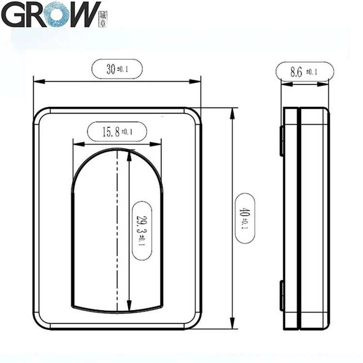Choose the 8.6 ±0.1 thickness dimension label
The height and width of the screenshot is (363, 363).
click(x=303, y=72)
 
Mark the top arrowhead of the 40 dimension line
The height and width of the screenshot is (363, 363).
click(x=233, y=111)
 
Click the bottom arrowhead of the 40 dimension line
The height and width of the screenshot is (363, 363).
click(x=233, y=326)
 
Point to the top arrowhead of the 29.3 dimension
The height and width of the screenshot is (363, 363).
click(x=129, y=154)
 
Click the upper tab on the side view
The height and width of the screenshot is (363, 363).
click(x=281, y=140)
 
